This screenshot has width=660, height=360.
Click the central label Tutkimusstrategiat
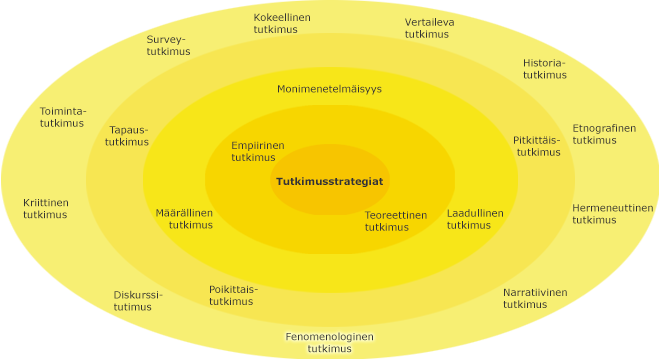click(329, 181)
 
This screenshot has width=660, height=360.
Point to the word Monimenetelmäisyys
click(329, 89)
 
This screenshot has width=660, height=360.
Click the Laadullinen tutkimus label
click(475, 219)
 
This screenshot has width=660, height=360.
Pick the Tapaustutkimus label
click(128, 136)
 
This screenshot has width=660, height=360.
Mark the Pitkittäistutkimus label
click(537, 146)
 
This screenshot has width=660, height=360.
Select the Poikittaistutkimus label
click(233, 295)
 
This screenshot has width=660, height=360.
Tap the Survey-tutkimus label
click(168, 46)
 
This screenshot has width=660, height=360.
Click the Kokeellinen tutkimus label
click(282, 24)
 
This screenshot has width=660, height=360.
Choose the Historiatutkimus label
click(544, 68)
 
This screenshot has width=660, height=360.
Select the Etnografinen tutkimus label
click(603, 134)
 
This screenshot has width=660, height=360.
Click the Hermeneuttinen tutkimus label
click(612, 214)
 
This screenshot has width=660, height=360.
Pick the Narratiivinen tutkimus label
click(534, 298)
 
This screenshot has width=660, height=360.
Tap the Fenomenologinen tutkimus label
click(329, 343)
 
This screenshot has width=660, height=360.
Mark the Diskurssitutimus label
click(138, 301)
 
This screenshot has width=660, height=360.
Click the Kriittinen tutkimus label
click(46, 208)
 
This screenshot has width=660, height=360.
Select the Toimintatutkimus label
click(63, 117)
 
